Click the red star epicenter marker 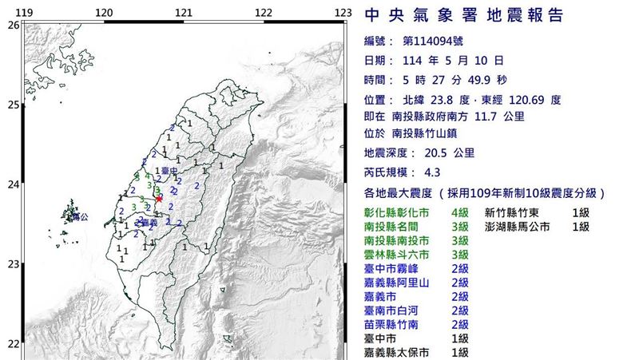pos(159,197)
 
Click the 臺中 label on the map pos(168,171)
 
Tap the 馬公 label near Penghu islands pos(78,217)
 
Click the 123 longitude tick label pos(343,13)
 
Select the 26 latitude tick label pos(13,26)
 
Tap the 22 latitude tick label pos(13,344)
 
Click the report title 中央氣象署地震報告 pos(463,16)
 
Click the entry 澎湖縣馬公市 pos(522,227)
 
